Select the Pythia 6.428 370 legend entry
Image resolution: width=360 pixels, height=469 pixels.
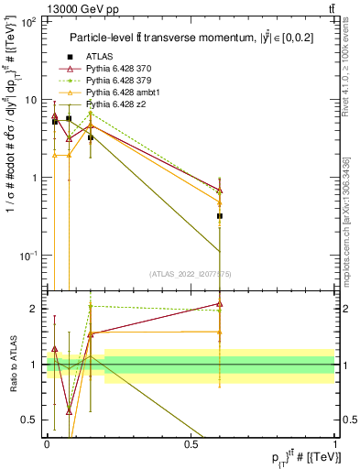pyautogui.click(x=116, y=68)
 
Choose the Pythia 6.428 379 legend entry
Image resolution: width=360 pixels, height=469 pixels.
pyautogui.click(x=116, y=80)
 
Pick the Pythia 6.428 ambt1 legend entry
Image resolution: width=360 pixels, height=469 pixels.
pyautogui.click(x=118, y=92)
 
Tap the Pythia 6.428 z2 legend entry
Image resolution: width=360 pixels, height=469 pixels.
pyautogui.click(x=113, y=104)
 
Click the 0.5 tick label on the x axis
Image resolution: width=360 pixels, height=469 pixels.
pyautogui.click(x=191, y=443)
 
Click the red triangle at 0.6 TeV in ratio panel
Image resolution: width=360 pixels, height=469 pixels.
pyautogui.click(x=220, y=304)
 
